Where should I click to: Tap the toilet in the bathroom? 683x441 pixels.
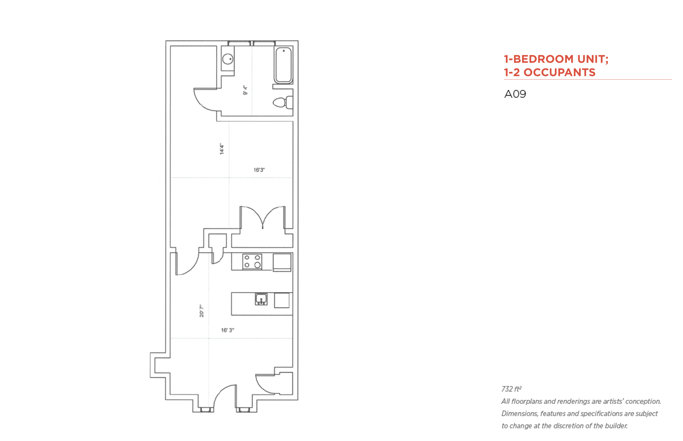point(282,102)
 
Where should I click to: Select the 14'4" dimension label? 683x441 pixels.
point(222,149)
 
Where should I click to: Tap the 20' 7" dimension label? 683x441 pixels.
point(202,311)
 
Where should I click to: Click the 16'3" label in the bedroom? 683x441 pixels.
point(259,170)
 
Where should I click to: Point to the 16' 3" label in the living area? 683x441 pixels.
point(227,330)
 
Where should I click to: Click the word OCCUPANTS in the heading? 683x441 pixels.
point(559,72)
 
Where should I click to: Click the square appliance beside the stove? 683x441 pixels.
point(282,262)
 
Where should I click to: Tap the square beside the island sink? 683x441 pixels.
point(282,300)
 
